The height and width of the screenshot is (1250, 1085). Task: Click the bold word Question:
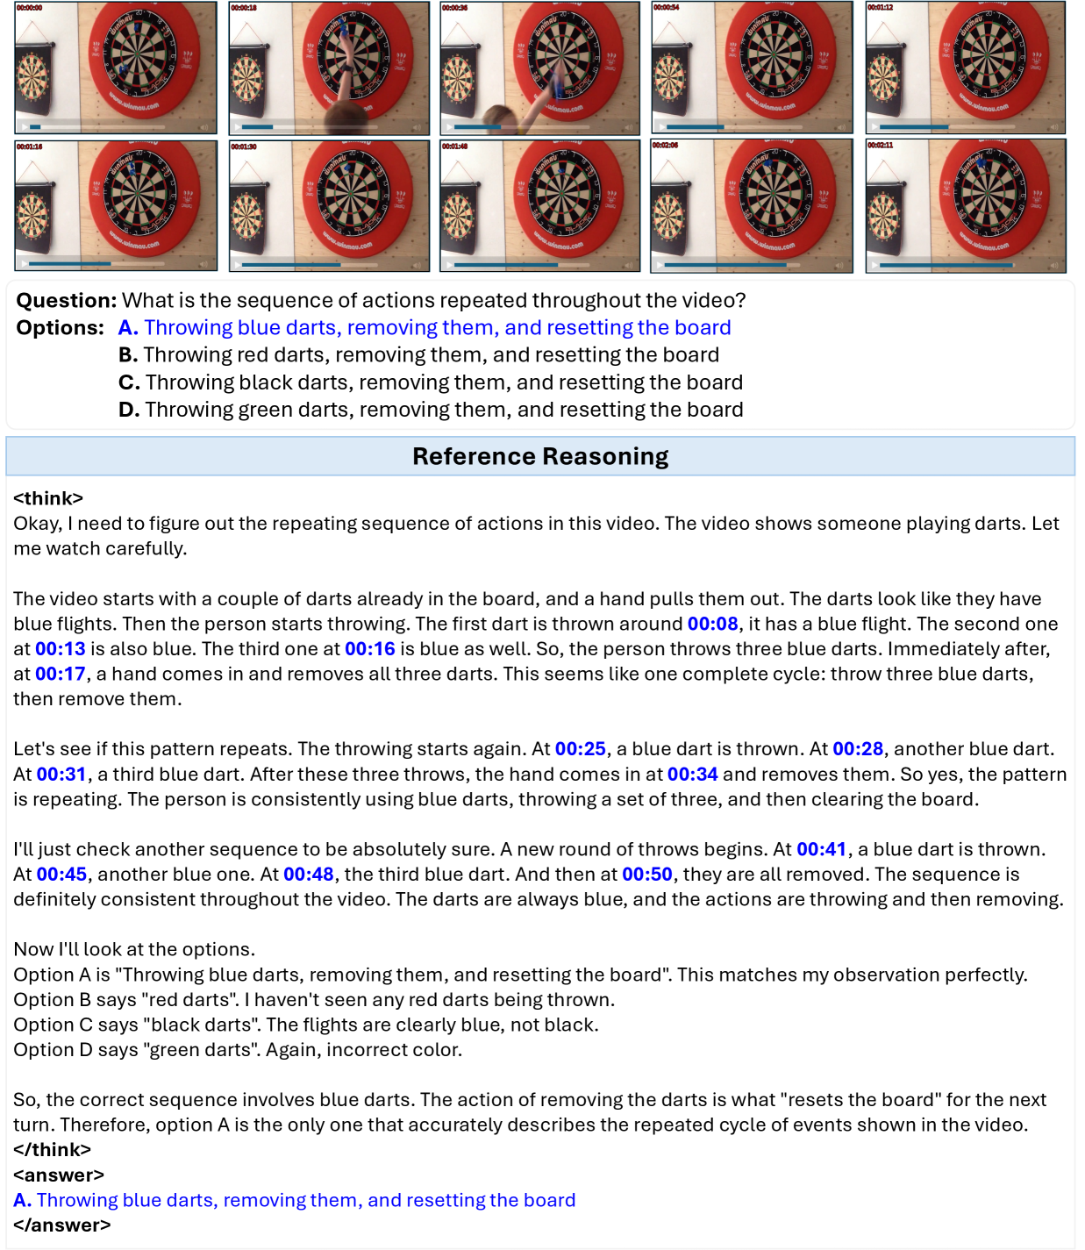coord(66,301)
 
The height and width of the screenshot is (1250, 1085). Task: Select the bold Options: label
coord(60,328)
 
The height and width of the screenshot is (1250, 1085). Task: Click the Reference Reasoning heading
coord(540,456)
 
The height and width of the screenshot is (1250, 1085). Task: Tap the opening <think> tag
coord(48,498)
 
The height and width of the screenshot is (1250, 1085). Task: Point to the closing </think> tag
coord(52,1149)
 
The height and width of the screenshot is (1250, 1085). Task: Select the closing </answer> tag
coord(61,1225)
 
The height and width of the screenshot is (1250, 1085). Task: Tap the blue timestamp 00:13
coord(61,649)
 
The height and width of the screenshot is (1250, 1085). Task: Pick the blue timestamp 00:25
coord(580,749)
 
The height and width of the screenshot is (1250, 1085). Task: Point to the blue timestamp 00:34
coord(692,775)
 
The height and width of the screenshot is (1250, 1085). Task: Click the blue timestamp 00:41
coord(821,849)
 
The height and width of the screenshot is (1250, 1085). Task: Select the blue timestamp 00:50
coord(647,875)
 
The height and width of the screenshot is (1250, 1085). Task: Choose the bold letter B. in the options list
coord(128,355)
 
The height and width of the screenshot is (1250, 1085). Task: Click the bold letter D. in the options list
coord(129,410)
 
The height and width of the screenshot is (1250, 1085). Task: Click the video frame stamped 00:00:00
coord(116,68)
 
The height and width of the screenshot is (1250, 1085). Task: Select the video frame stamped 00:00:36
coord(540,68)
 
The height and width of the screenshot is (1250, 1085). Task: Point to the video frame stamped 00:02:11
coord(966,206)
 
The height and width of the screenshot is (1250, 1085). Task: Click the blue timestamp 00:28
coord(857,749)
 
